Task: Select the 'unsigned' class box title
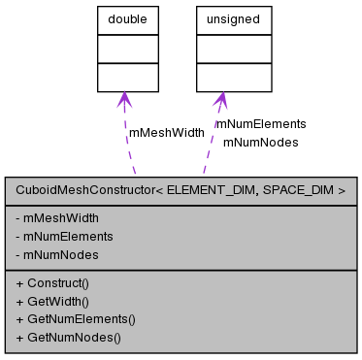click(220, 17)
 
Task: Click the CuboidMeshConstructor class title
click(181, 191)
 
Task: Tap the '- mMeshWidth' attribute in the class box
click(57, 217)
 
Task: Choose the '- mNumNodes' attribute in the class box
click(57, 254)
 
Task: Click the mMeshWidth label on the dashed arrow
click(167, 132)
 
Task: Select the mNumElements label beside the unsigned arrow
click(260, 124)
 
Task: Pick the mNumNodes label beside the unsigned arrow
click(260, 142)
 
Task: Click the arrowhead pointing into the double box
click(123, 100)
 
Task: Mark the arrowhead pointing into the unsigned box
click(220, 100)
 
